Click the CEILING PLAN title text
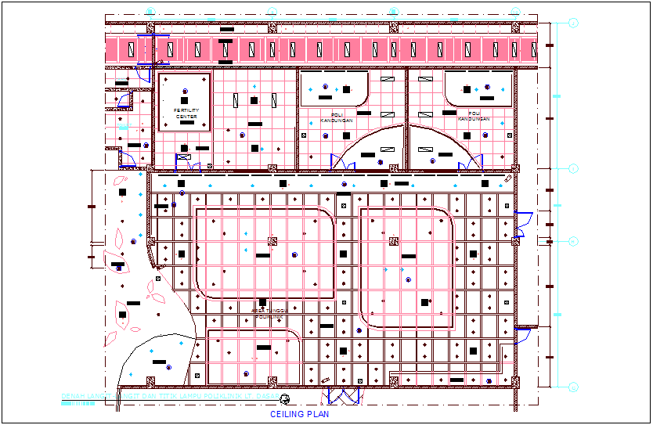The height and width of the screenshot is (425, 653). [299, 414]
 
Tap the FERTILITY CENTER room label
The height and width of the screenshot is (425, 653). [186, 113]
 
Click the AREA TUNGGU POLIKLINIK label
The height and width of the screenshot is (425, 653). [269, 313]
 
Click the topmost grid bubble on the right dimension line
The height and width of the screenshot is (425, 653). [573, 23]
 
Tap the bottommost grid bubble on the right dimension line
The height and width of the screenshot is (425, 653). [573, 387]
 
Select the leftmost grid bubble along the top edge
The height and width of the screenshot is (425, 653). [150, 11]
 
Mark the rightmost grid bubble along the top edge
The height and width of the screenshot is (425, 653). [515, 11]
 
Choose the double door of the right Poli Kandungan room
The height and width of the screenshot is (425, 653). [471, 162]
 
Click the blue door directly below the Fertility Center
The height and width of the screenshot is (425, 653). [188, 161]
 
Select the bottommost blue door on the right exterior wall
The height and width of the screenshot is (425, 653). [523, 337]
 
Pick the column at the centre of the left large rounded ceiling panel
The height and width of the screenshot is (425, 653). [272, 241]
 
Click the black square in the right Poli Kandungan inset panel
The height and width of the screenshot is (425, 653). [467, 89]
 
